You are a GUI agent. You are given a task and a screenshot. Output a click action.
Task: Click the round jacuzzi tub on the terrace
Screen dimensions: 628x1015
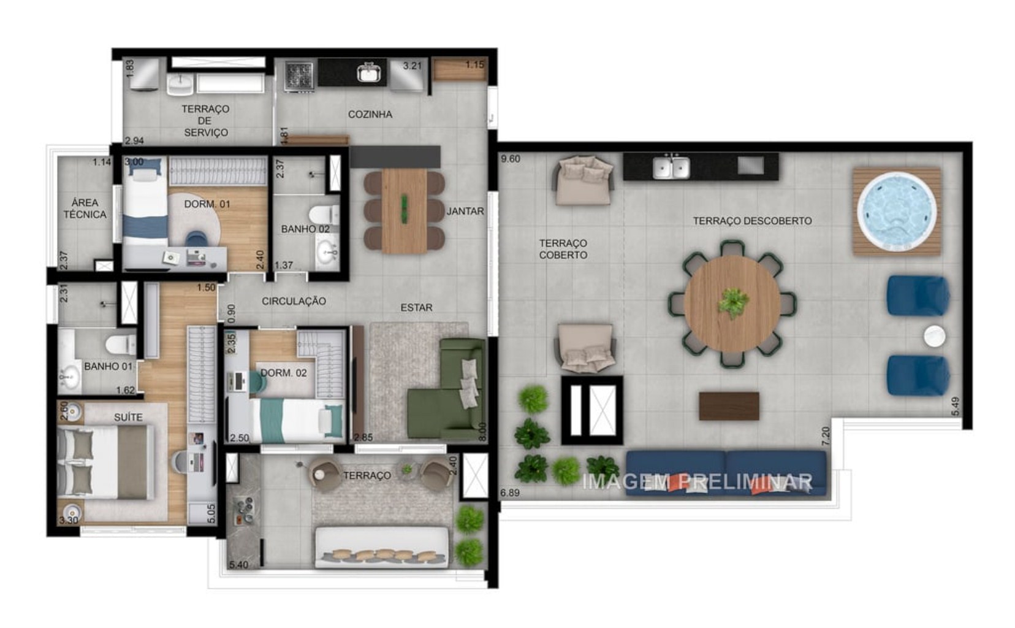(x=897, y=212)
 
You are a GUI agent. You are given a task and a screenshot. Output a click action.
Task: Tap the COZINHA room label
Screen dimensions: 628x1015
(x=370, y=114)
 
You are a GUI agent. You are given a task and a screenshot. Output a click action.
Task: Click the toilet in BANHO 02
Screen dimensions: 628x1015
(x=322, y=215)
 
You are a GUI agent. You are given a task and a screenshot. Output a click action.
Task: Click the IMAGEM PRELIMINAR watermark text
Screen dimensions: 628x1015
(x=697, y=482)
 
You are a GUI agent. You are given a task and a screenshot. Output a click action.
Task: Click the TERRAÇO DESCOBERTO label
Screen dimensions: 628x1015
(x=752, y=221)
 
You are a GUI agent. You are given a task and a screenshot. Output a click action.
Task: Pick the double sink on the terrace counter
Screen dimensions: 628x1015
(x=671, y=167)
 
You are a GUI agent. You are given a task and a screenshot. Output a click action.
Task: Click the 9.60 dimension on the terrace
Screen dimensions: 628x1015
(x=510, y=159)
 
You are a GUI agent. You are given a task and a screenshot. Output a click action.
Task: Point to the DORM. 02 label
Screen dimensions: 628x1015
(x=284, y=373)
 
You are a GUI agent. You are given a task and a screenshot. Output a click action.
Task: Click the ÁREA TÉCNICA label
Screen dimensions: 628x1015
(x=85, y=209)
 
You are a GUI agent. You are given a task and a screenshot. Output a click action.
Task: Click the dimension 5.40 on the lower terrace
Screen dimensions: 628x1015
(x=238, y=564)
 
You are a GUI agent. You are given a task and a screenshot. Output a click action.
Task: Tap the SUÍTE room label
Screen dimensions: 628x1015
(x=128, y=417)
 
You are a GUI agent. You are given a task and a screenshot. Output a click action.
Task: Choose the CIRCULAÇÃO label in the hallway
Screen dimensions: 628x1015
(x=294, y=301)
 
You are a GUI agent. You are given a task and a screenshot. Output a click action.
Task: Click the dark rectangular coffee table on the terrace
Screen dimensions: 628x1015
(x=729, y=406)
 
